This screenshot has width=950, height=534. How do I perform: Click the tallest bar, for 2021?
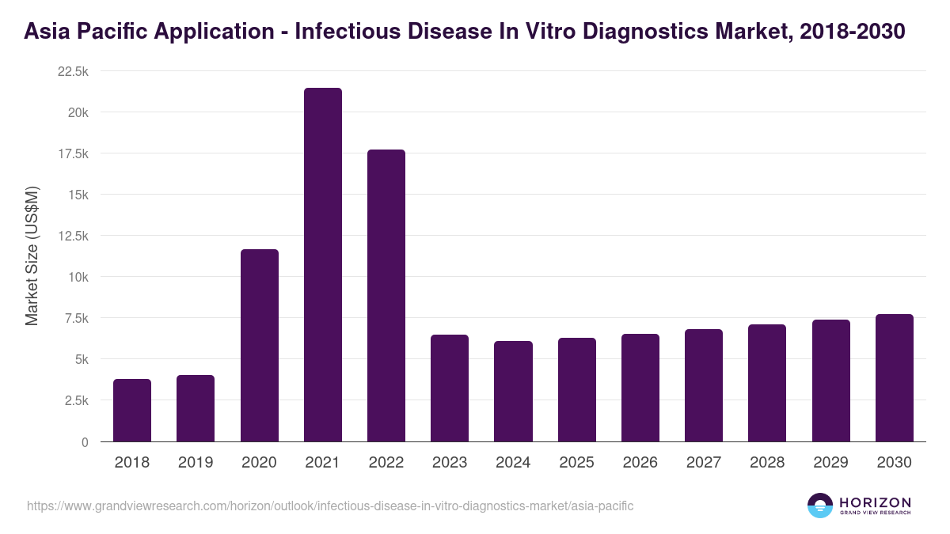pos(323,265)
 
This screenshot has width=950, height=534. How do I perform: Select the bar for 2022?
pos(386,296)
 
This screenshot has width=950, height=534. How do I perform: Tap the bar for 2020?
pos(260,346)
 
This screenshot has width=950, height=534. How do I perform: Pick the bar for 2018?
pos(132,411)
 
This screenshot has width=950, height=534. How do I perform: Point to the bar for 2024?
pos(513,392)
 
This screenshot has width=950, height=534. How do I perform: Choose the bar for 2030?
pos(895,378)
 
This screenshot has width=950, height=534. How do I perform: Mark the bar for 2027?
pos(704,385)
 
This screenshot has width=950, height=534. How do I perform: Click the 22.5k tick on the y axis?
pos(73,71)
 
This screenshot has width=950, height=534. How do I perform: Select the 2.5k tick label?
pos(76,400)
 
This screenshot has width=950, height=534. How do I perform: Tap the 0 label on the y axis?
pos(84,442)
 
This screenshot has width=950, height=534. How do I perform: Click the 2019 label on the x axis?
pos(196,463)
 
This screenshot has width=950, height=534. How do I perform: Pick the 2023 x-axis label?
pos(450,463)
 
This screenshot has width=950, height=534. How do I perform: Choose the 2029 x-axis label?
pos(831,463)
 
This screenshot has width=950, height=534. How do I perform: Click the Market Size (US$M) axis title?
pos(32,256)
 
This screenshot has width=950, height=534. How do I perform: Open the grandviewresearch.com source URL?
pos(330,506)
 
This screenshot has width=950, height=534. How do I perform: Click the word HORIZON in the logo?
pos(875,502)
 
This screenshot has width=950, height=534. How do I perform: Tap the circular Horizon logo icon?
pos(820,506)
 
